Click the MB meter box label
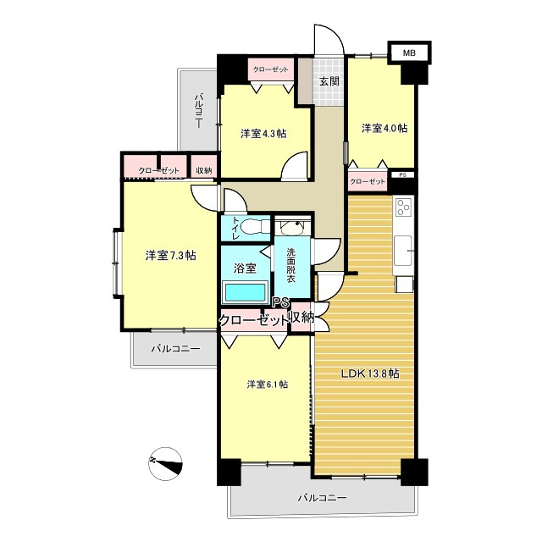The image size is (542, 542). coord(409,53)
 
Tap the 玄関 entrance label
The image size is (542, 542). coord(329,81)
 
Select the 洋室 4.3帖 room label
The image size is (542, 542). coord(263,134)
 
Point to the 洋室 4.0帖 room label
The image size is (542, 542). coord(384,128)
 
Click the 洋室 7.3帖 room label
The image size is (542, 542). coord(171,256)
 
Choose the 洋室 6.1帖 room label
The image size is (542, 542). coord(268,384)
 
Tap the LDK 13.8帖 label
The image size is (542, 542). coord(370,373)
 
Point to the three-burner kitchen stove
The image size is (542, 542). coord(403,207)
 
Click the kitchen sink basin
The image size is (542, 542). coord(403,251)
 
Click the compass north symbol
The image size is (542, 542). coord(165,463)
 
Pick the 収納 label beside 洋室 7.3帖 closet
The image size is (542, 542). coord(204,170)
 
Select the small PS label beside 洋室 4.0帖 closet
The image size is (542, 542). coord(403,175)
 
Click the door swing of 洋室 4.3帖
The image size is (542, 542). coord(295,166)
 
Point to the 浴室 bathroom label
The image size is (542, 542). coord(245,268)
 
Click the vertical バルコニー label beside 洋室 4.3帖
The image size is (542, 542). coord(198,110)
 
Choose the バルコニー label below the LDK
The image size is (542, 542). coord(322,498)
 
